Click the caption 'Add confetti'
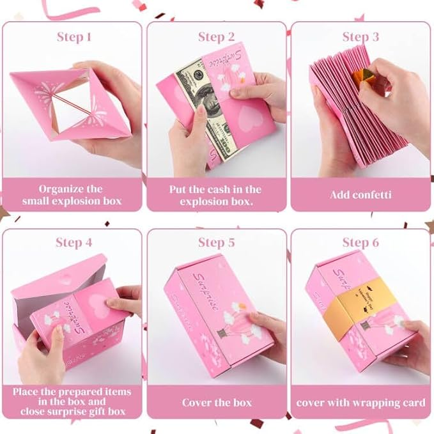[x=361, y=195]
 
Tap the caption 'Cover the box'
[x=216, y=402]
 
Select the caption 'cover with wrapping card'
[x=361, y=403]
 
